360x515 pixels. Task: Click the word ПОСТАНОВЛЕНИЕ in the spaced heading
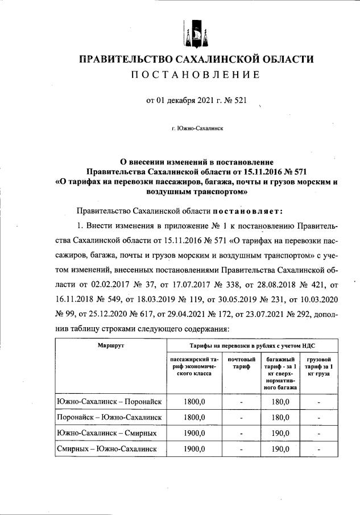pyautogui.click(x=196, y=75)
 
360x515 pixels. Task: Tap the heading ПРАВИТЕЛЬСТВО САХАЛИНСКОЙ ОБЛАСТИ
pyautogui.click(x=196, y=59)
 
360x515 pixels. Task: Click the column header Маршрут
pyautogui.click(x=110, y=345)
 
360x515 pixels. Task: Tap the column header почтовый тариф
pyautogui.click(x=241, y=364)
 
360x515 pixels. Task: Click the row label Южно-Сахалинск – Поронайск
pyautogui.click(x=110, y=402)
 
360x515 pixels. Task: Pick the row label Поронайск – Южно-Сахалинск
pyautogui.click(x=110, y=418)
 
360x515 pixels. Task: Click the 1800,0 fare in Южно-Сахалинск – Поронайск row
pyautogui.click(x=195, y=402)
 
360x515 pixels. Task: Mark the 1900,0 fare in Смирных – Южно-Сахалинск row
pyautogui.click(x=195, y=450)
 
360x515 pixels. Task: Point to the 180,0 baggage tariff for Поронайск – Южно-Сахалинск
pyautogui.click(x=280, y=418)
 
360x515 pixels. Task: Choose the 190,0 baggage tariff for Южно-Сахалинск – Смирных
pyautogui.click(x=280, y=434)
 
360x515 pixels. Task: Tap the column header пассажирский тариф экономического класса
pyautogui.click(x=195, y=368)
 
